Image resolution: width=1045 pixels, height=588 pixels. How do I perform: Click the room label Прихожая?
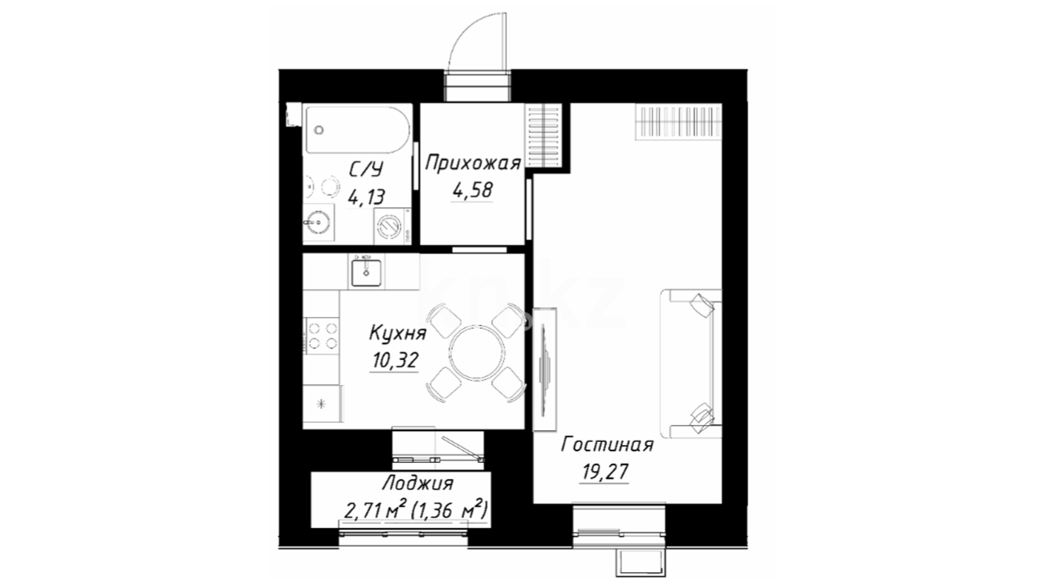point(473,163)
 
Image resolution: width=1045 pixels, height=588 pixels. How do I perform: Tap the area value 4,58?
point(472,190)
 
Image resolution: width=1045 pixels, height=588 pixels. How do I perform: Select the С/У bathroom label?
point(366,170)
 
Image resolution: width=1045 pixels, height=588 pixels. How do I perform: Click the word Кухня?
point(397,333)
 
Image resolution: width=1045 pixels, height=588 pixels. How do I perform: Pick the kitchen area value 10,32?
point(395,360)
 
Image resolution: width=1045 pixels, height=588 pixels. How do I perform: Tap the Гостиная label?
point(607,445)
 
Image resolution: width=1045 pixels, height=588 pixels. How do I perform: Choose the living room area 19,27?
point(605,471)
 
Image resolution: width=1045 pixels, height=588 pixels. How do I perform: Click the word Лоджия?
point(417,483)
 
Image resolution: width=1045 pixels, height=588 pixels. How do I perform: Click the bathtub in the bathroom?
point(357,130)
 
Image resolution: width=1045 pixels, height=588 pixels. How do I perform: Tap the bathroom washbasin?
point(318,222)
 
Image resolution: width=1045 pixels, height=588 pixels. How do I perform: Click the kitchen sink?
point(366,272)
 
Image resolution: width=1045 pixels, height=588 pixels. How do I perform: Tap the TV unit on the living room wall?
point(545,370)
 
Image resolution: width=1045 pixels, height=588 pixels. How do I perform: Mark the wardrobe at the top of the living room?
point(679,122)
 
